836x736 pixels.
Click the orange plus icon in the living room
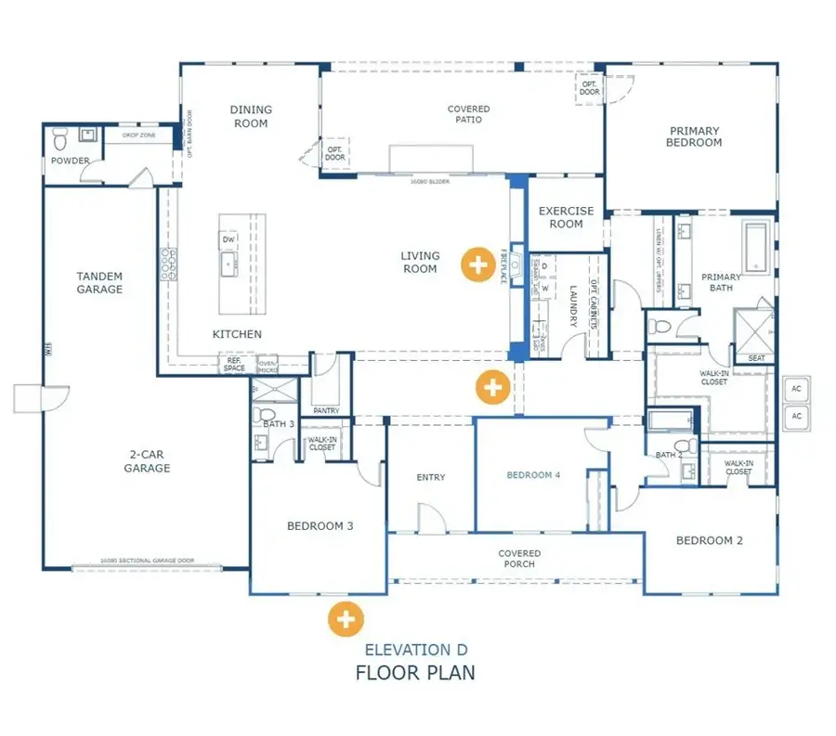pyautogui.click(x=477, y=265)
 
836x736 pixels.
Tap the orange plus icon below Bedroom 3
pyautogui.click(x=346, y=617)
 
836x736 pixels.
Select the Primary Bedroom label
pyautogui.click(x=694, y=137)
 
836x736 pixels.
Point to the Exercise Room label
pyautogui.click(x=566, y=217)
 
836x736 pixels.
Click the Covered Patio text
pyautogui.click(x=468, y=114)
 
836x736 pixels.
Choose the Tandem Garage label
pyautogui.click(x=99, y=283)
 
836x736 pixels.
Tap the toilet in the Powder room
pyautogui.click(x=60, y=140)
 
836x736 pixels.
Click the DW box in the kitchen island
pyautogui.click(x=229, y=240)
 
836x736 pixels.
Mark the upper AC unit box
pyautogui.click(x=796, y=389)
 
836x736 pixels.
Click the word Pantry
pyautogui.click(x=326, y=410)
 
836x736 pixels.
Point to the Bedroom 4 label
pyautogui.click(x=533, y=475)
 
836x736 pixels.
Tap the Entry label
pyautogui.click(x=430, y=477)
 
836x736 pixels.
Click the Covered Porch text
pyautogui.click(x=518, y=559)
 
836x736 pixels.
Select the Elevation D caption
pyautogui.click(x=415, y=650)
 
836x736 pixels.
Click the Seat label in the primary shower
pyautogui.click(x=756, y=358)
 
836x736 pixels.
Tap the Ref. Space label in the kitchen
pyautogui.click(x=234, y=365)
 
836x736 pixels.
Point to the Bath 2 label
pyautogui.click(x=667, y=455)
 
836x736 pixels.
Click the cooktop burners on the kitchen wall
pyautogui.click(x=170, y=265)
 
